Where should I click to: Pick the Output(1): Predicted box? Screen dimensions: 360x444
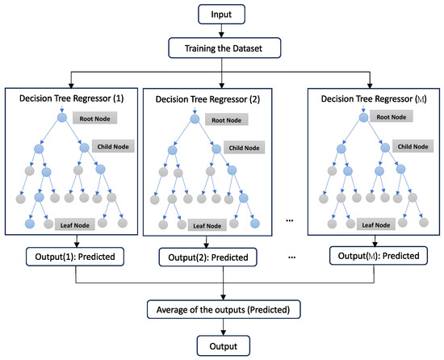click(75, 256)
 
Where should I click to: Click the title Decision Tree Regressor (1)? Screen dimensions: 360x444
click(75, 98)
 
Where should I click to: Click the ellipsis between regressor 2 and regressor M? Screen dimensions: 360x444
click(291, 220)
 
